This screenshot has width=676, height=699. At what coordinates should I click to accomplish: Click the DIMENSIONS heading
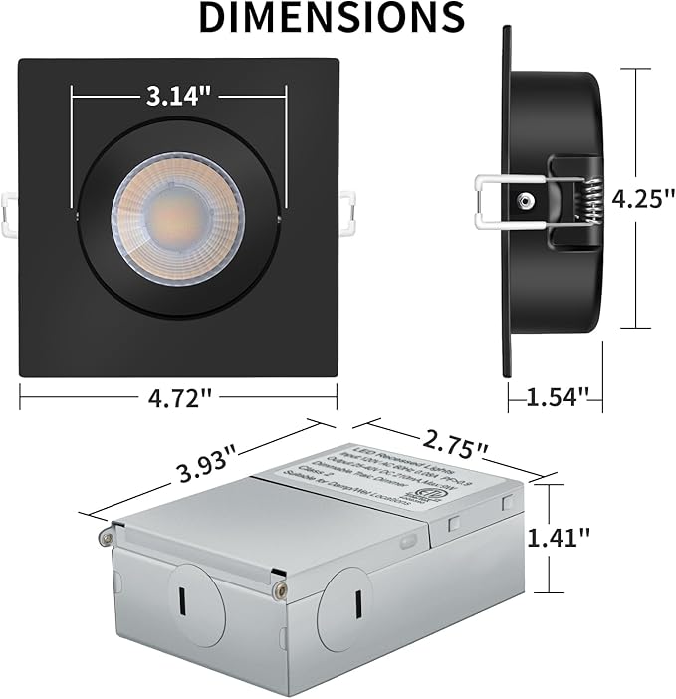[x=332, y=17]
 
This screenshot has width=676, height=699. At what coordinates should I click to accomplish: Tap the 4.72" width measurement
[x=178, y=398]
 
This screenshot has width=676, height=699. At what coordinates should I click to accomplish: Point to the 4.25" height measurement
[x=636, y=198]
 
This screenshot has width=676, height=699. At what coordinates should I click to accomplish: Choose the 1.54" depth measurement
[x=556, y=398]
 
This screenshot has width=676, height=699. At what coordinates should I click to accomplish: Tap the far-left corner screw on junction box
[x=103, y=538]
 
